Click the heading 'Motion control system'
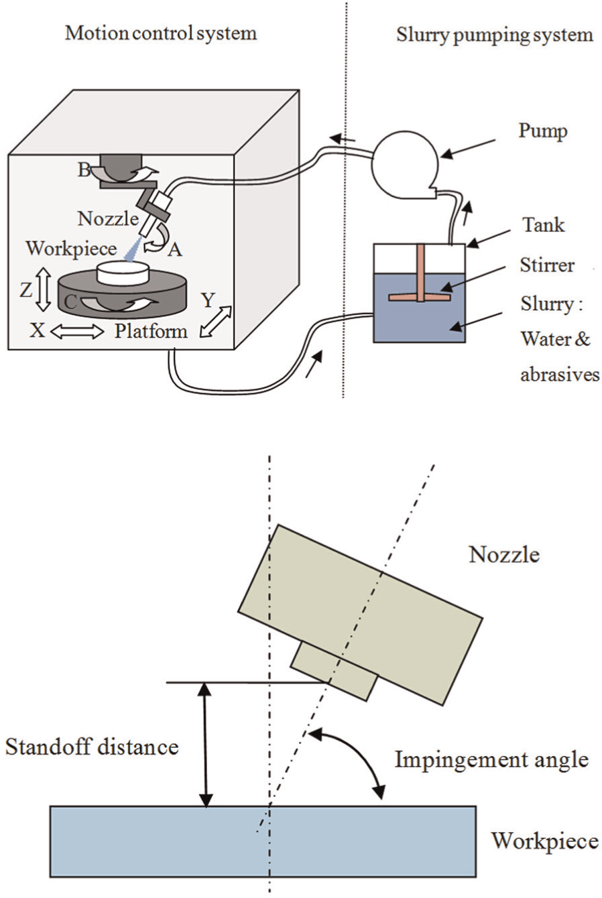[161, 34]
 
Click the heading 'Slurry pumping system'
[495, 35]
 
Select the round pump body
[405, 165]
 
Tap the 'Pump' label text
[543, 131]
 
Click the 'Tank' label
[543, 224]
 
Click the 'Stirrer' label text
[547, 265]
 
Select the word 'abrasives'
[560, 375]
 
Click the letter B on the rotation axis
[84, 170]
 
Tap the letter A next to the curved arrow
[175, 250]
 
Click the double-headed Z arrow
[44, 290]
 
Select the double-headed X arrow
[77, 332]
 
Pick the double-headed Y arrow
[216, 322]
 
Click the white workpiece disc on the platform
[123, 273]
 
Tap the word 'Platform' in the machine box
[152, 331]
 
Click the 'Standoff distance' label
[92, 747]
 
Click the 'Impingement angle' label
[491, 759]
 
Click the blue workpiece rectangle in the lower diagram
[263, 841]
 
